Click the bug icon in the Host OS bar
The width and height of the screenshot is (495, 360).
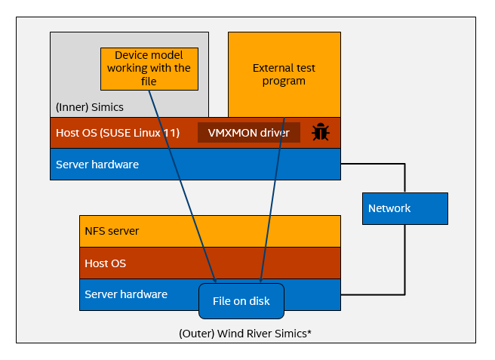click(x=321, y=132)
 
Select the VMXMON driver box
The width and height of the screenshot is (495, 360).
click(x=249, y=133)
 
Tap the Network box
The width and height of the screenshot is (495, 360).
click(x=405, y=208)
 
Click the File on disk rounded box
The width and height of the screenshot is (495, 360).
click(x=241, y=301)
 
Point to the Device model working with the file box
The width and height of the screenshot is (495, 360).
click(x=149, y=68)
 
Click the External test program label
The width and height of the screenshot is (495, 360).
click(x=284, y=74)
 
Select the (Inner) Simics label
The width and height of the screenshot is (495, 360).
click(x=89, y=107)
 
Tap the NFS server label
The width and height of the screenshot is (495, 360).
click(x=112, y=230)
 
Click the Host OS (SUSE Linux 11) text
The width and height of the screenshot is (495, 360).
click(x=117, y=133)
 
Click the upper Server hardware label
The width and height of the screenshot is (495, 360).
click(x=97, y=164)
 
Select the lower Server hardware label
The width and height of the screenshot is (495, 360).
click(x=126, y=294)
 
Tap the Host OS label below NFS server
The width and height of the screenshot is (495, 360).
click(x=105, y=263)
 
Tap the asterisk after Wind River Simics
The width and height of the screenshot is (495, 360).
click(x=309, y=331)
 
